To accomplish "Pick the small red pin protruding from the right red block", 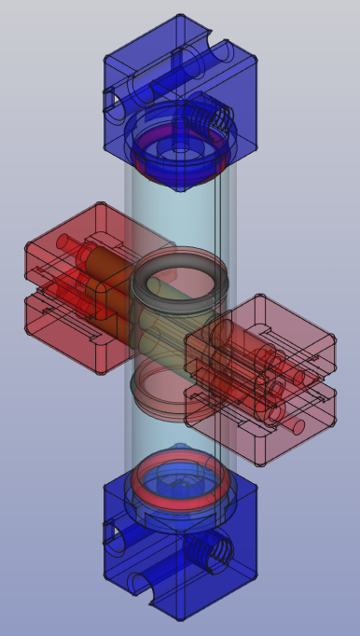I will pos(297,428).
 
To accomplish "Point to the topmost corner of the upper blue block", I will pos(180,16).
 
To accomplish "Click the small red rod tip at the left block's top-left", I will pos(63,242).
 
